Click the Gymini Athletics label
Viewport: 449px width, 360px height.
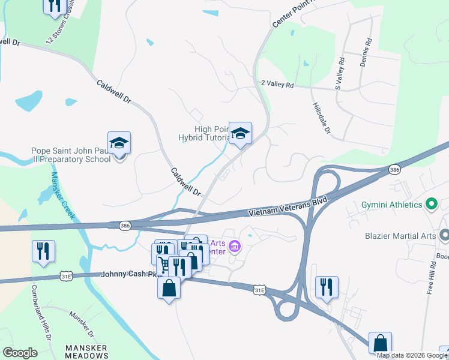tap(392, 205)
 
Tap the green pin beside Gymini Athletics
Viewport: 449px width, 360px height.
tap(431, 205)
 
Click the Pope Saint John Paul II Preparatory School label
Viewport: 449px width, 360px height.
tap(71, 155)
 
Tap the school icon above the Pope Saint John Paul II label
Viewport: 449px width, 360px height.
tap(119, 143)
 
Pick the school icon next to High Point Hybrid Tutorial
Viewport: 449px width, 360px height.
tap(240, 134)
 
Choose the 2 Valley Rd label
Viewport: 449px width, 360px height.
tap(277, 85)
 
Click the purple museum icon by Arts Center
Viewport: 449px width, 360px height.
tap(235, 246)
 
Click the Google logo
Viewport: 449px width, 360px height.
tap(20, 353)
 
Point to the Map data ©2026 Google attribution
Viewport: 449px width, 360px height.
tap(412, 355)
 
